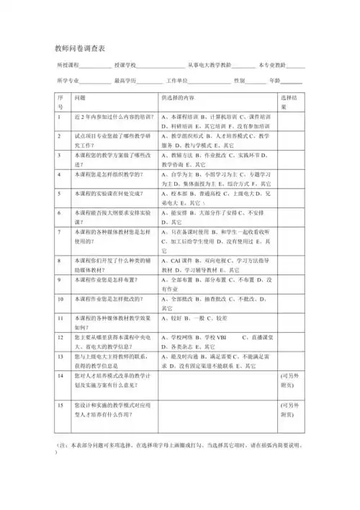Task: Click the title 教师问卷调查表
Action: point(80,48)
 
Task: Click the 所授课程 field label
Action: point(66,66)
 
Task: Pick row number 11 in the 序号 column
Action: point(61,317)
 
